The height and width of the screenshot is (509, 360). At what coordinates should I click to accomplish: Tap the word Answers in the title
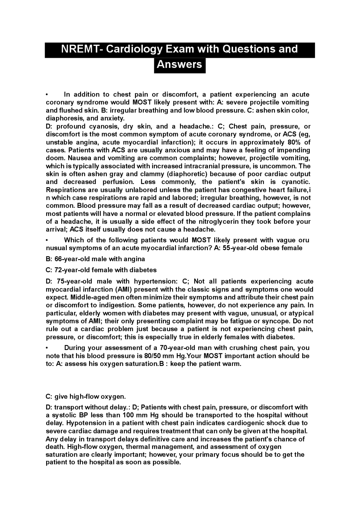tap(179, 64)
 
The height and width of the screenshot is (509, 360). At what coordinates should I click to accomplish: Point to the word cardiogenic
tap(246, 423)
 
